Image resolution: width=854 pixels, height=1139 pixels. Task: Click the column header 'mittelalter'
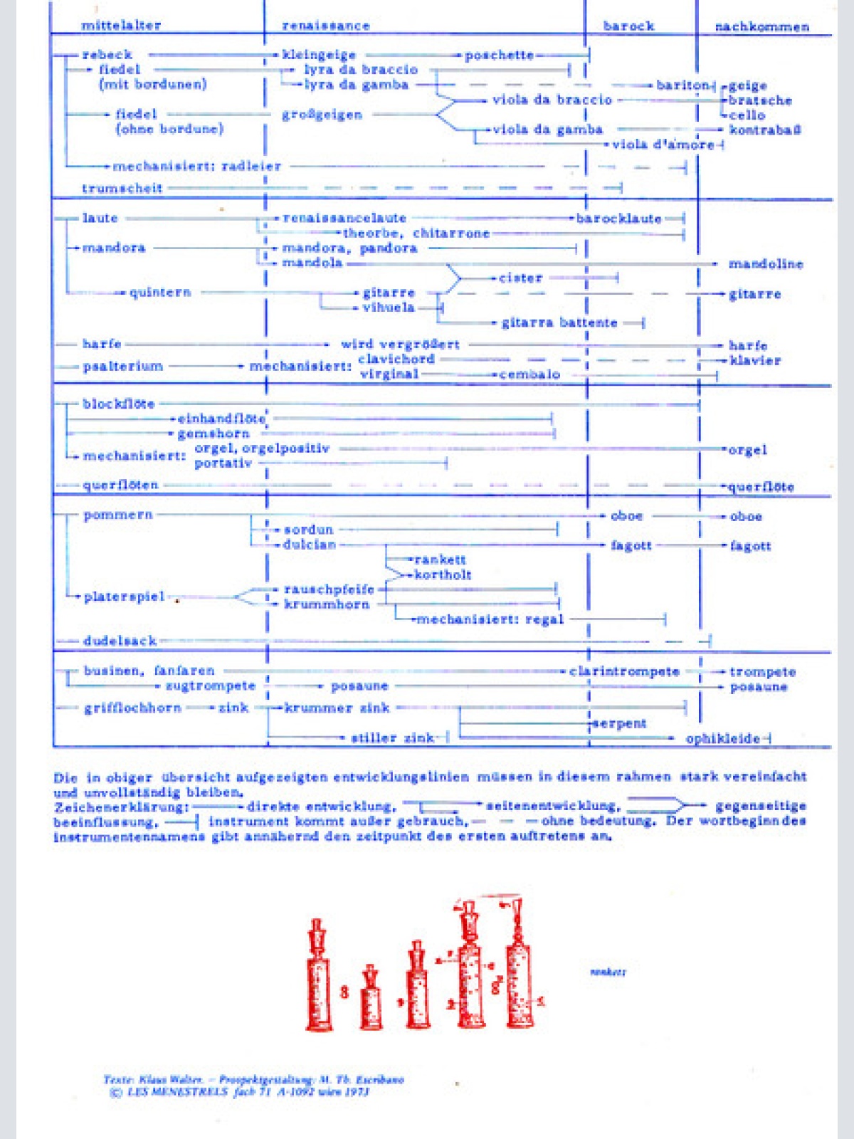pyautogui.click(x=121, y=26)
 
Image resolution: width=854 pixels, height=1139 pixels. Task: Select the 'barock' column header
pyautogui.click(x=628, y=26)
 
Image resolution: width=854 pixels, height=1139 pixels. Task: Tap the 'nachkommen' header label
pyautogui.click(x=761, y=27)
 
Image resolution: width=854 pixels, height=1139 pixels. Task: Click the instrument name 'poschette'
pyautogui.click(x=499, y=56)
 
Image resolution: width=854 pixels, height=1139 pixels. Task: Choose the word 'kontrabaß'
pyautogui.click(x=765, y=130)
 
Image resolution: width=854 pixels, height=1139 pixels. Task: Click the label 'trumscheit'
pyautogui.click(x=122, y=189)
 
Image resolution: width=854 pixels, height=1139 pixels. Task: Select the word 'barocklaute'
pyautogui.click(x=619, y=219)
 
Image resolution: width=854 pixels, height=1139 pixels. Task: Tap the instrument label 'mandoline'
pyautogui.click(x=766, y=264)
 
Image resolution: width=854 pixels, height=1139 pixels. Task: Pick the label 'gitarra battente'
pyautogui.click(x=559, y=322)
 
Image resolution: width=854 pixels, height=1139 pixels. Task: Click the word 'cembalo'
pyautogui.click(x=529, y=374)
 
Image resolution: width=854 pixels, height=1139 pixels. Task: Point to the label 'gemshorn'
pyautogui.click(x=213, y=434)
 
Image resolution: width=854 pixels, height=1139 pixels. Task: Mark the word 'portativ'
pyautogui.click(x=223, y=463)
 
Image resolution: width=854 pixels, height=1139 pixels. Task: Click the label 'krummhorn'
pyautogui.click(x=327, y=604)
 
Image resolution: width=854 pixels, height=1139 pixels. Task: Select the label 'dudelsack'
pyautogui.click(x=120, y=641)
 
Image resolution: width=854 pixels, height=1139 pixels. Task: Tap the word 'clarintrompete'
pyautogui.click(x=624, y=671)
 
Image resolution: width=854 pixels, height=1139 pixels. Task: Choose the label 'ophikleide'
pyautogui.click(x=722, y=739)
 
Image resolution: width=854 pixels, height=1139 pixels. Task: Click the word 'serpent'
pyautogui.click(x=620, y=724)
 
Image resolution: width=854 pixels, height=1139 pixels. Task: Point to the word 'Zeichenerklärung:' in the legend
pyautogui.click(x=121, y=807)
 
